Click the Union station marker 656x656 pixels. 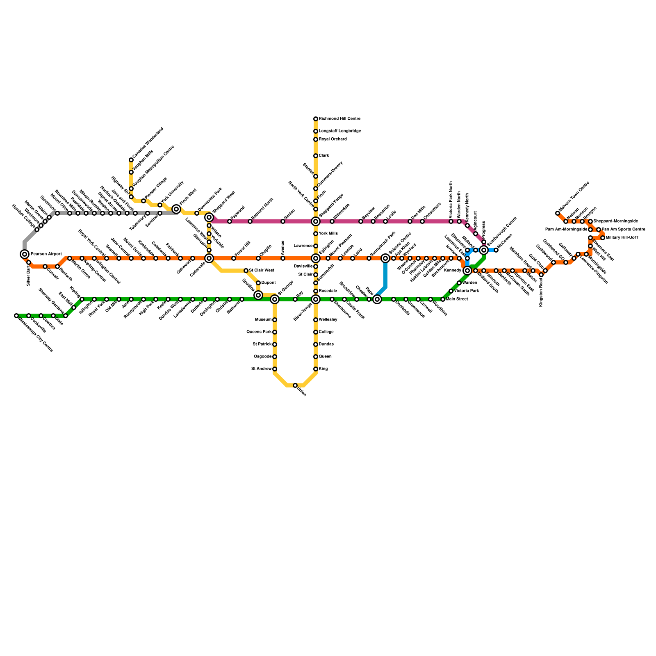point(295,385)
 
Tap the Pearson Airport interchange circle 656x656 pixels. point(25,254)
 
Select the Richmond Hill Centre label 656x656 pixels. point(339,119)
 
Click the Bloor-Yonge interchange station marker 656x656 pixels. point(316,299)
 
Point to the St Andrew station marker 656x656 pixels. point(275,369)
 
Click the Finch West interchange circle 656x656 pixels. point(176,209)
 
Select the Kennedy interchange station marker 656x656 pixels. point(467,271)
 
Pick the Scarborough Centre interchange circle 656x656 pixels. point(484,250)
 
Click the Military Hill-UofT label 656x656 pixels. point(622,238)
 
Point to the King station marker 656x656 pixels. point(316,369)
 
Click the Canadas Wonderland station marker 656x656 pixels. point(131,160)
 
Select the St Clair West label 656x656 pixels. point(262,271)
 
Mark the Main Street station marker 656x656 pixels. point(443,299)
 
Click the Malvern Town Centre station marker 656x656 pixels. point(558,213)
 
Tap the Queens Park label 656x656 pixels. point(259,332)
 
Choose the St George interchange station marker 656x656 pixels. point(275,299)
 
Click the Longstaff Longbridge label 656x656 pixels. point(340,131)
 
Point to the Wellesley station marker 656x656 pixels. point(316,320)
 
